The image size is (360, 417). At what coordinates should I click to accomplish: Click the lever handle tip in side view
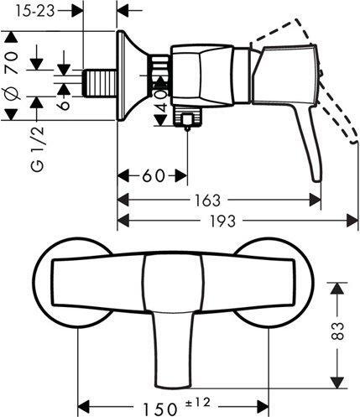316,172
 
